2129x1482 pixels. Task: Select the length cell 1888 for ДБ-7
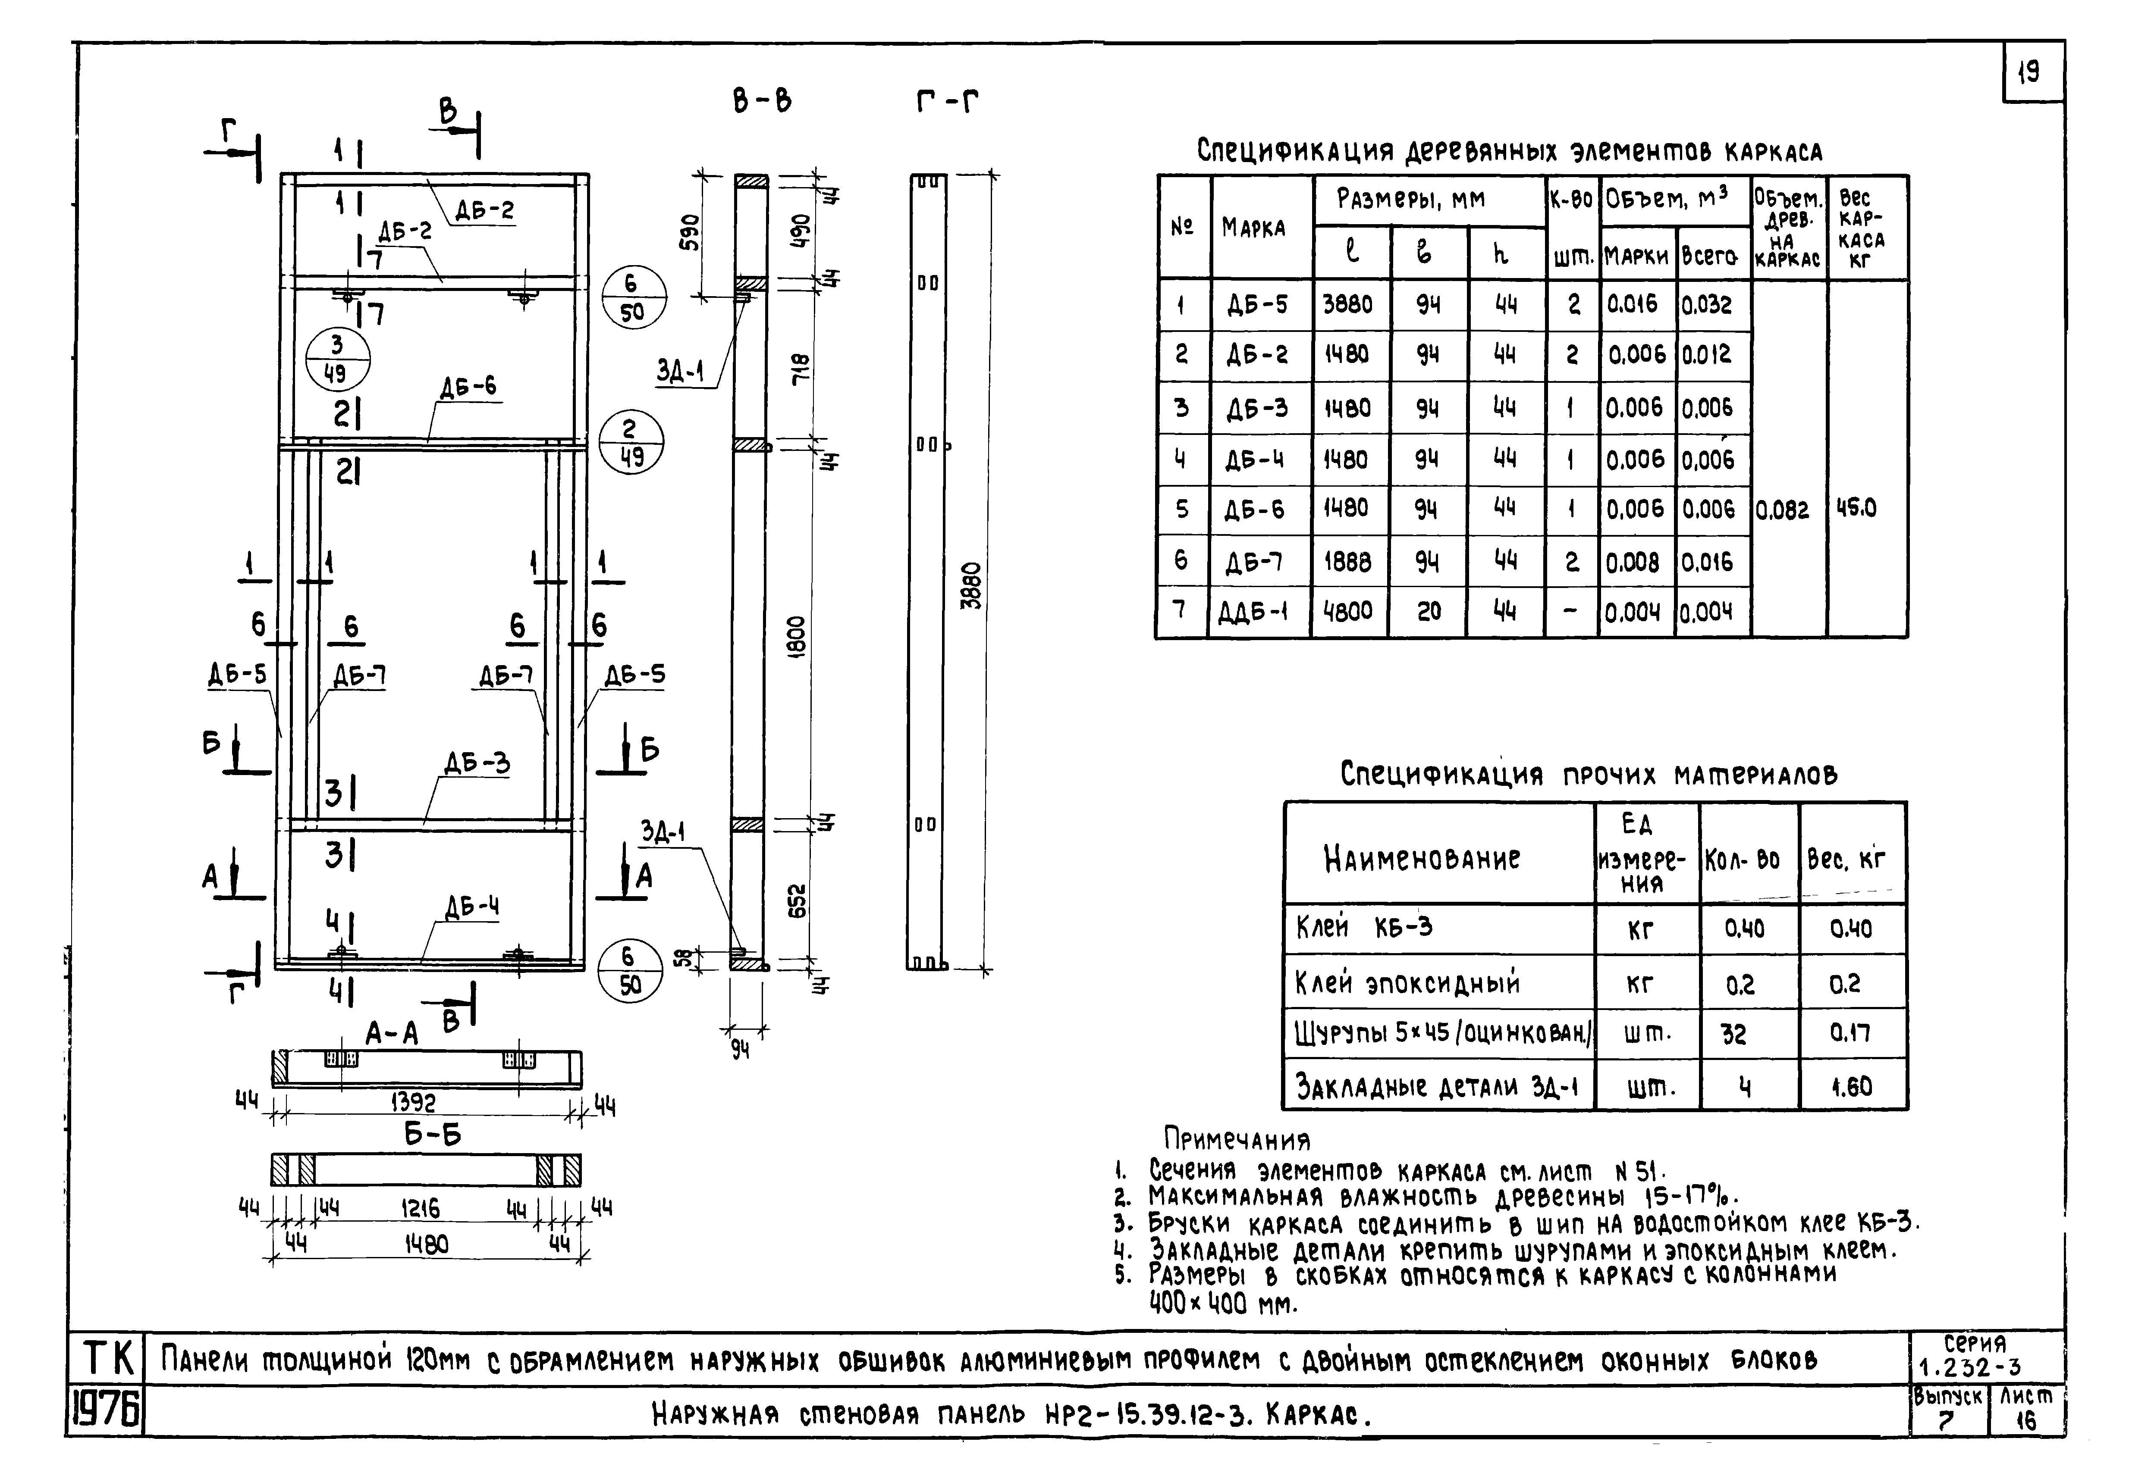pyautogui.click(x=1347, y=562)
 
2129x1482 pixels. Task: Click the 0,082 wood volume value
pyautogui.click(x=1782, y=510)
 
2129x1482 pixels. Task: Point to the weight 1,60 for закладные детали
pyautogui.click(x=1852, y=1086)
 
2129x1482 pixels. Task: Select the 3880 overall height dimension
pyautogui.click(x=971, y=586)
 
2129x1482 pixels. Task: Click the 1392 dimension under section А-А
pyautogui.click(x=414, y=1102)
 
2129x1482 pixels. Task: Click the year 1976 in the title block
pyautogui.click(x=105, y=1412)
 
